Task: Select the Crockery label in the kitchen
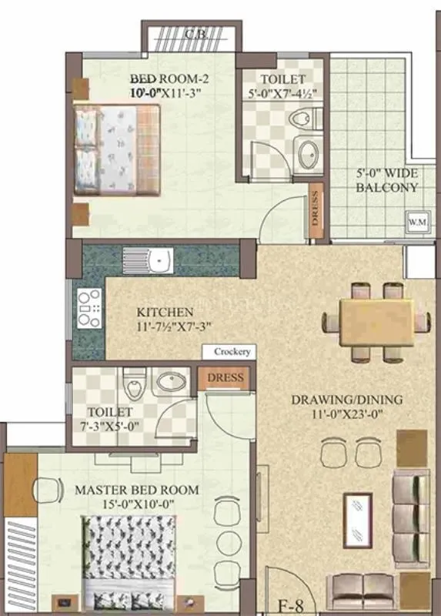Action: (232, 352)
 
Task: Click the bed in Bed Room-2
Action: (117, 149)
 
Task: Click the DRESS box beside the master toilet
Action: (225, 378)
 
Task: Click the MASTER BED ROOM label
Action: (136, 490)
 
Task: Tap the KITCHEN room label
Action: (165, 312)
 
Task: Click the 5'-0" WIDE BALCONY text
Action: (388, 180)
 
